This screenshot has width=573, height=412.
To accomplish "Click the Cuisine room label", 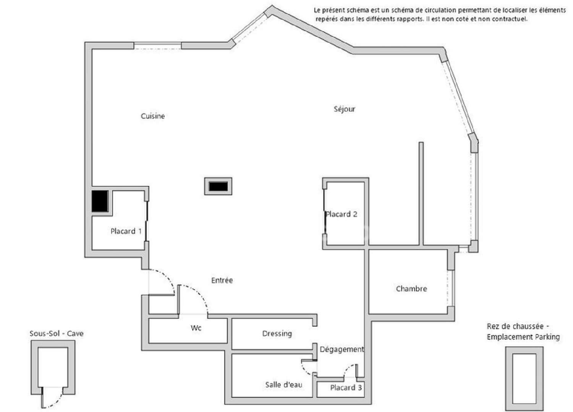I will coord(153,116).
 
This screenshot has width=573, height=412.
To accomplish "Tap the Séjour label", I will coord(345,109).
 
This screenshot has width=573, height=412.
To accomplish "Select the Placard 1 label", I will coord(126,231).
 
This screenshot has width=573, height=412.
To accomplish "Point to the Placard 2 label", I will coord(342,214).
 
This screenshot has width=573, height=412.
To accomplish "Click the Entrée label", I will coord(222,281).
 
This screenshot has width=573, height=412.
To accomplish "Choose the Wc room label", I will coord(196,328).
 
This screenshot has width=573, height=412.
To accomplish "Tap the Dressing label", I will coord(277,334).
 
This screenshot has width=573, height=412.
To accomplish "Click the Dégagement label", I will coord(342,349).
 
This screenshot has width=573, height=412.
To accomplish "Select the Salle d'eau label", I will coord(283,385).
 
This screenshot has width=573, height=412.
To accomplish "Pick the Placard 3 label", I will coord(346,388).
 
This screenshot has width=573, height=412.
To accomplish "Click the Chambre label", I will coord(411,289).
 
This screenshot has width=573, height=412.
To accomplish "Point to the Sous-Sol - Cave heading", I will coord(57,334).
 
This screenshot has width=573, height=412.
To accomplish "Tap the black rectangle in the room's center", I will coord(218,187).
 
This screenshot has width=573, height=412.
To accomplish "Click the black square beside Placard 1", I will coord(100,201).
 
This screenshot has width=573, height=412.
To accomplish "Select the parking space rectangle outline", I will coord(524,379).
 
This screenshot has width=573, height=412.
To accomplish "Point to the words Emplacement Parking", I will coord(523,337).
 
